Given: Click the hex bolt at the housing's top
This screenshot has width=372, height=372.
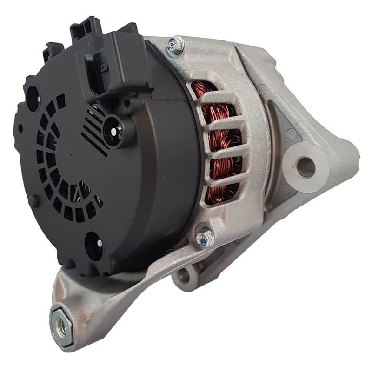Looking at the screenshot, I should (175, 45).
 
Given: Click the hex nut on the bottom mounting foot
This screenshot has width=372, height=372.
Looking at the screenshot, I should (61, 321).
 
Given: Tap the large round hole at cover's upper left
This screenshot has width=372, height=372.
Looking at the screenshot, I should (33, 98).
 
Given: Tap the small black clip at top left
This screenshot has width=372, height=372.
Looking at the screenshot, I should (53, 51).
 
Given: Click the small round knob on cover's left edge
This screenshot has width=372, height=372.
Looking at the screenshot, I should (32, 201).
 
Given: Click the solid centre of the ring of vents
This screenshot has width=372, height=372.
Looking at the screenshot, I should (70, 158).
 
